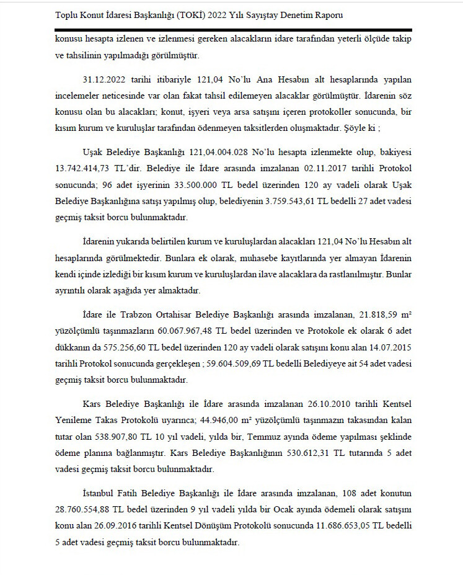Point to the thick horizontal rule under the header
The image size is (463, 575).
(x=232, y=29)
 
